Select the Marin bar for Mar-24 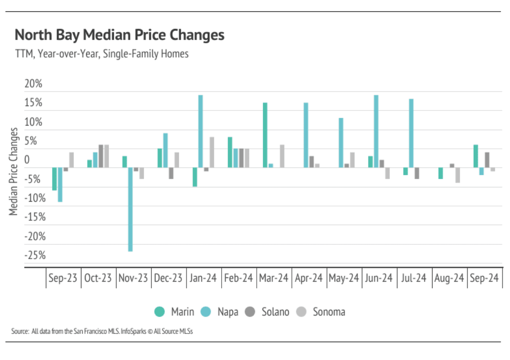(265, 135)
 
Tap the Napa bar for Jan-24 (200, 131)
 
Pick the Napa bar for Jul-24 (411, 133)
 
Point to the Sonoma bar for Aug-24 (458, 175)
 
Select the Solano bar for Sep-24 (487, 160)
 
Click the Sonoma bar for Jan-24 (212, 152)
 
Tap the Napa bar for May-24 (341, 143)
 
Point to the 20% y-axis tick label (33, 84)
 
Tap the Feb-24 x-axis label (239, 278)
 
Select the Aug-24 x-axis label (450, 278)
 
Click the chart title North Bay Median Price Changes (119, 35)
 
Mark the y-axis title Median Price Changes (14, 172)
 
